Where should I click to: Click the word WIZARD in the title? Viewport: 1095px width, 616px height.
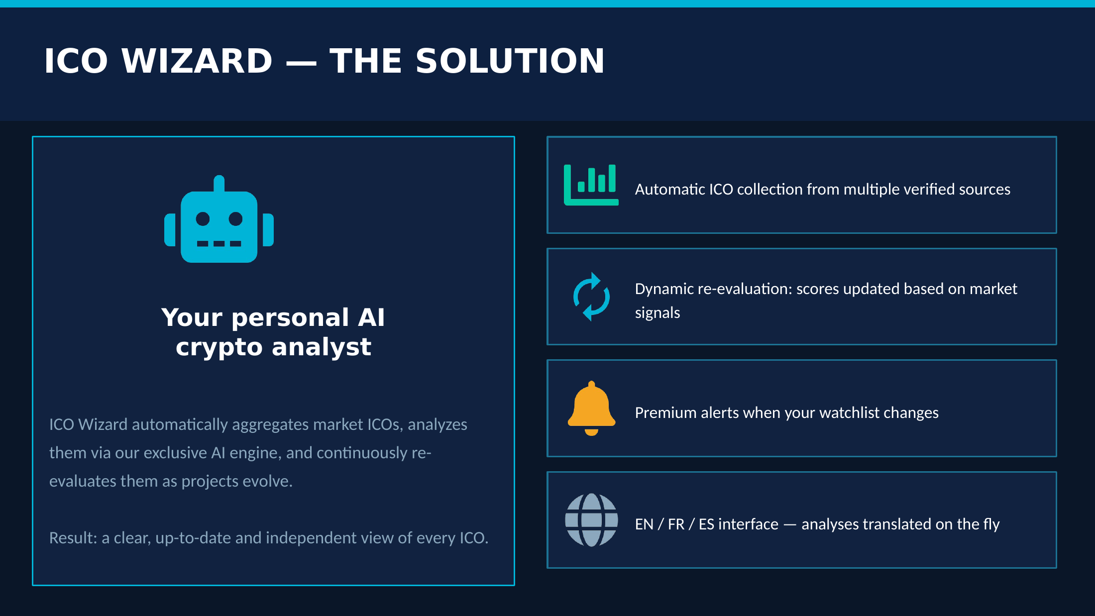[197, 61]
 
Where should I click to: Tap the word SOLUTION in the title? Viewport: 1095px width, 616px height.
[510, 61]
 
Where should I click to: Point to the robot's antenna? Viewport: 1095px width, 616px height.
[219, 183]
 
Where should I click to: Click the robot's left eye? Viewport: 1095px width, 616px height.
[203, 218]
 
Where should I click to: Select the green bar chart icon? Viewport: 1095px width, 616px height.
[591, 185]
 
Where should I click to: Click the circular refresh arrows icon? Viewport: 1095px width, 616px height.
[591, 297]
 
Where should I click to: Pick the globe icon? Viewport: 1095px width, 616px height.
[591, 520]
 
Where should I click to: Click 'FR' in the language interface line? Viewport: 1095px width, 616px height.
[676, 524]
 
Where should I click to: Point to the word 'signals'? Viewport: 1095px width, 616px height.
[657, 313]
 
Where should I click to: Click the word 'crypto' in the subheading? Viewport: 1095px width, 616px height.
[219, 347]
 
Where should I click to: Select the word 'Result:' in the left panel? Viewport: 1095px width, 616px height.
[73, 538]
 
